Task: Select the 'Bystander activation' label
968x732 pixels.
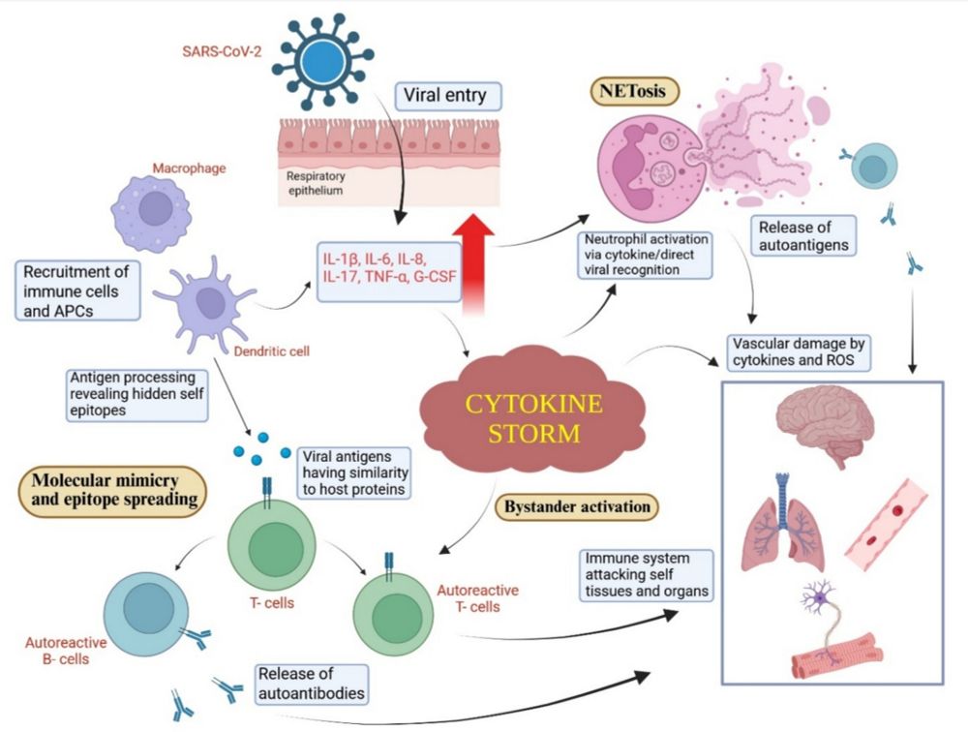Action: [x=576, y=504]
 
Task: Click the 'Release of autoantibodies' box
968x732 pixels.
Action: [x=311, y=683]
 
